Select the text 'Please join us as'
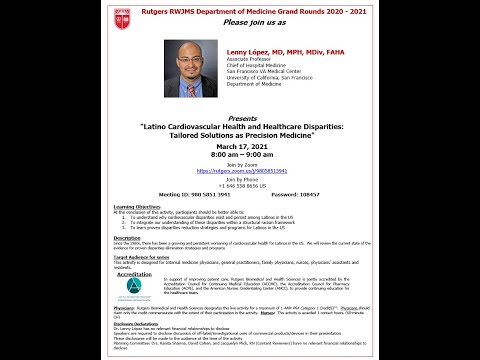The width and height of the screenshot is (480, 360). pyautogui.click(x=241, y=22)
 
